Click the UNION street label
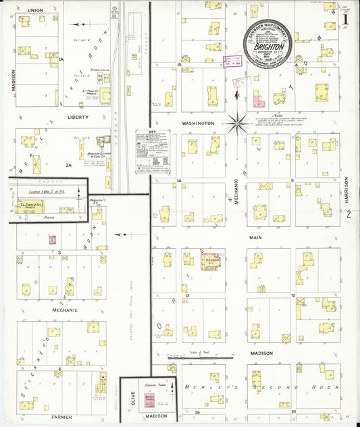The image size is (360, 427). click(36, 10)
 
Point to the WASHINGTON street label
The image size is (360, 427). click(197, 124)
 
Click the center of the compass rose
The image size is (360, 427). click(238, 123)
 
